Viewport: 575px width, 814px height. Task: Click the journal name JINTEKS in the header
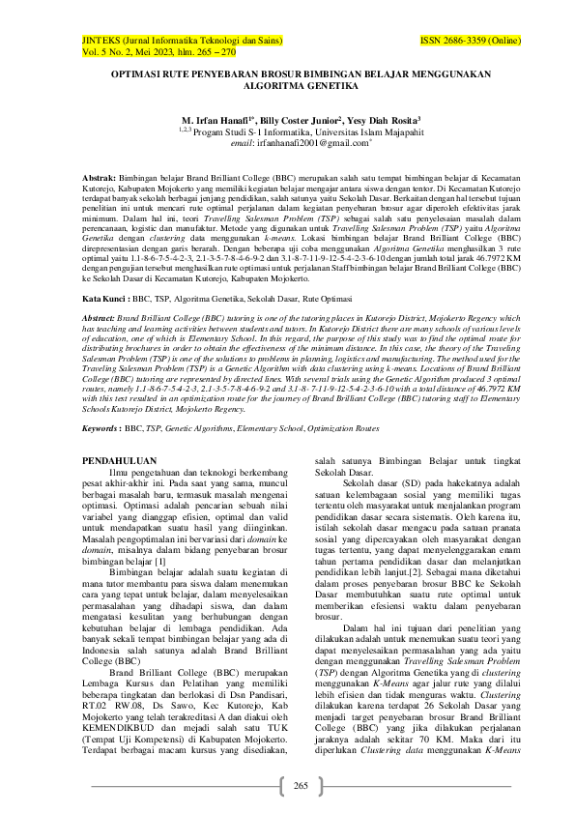click(100, 42)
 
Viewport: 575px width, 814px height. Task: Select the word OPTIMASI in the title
click(139, 72)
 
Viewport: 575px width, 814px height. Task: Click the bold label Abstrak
click(99, 180)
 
